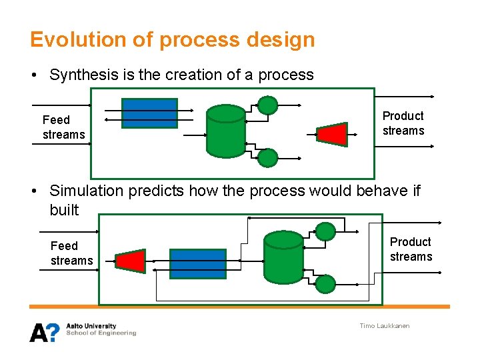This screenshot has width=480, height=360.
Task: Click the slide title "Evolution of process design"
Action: click(x=172, y=39)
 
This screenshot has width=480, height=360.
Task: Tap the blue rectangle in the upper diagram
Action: click(x=149, y=113)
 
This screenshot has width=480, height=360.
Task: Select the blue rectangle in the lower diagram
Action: click(x=197, y=263)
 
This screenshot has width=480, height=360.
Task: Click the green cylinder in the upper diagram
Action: click(x=226, y=131)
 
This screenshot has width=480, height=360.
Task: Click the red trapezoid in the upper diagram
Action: click(x=333, y=134)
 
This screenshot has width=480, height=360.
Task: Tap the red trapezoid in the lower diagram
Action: click(x=131, y=261)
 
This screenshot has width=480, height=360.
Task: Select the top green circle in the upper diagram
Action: click(x=267, y=105)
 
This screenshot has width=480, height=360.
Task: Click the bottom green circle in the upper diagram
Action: click(x=267, y=157)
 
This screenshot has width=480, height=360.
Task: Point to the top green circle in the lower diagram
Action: click(x=325, y=231)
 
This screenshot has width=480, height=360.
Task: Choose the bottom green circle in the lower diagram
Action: click(x=325, y=284)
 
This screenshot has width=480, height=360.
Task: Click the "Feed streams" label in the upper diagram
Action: click(x=63, y=127)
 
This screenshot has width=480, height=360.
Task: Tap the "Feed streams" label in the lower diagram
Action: click(x=71, y=253)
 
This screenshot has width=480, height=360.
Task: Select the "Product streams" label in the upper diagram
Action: click(x=403, y=123)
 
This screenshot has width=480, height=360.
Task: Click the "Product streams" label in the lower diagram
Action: click(x=411, y=249)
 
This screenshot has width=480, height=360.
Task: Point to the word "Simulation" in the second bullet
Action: click(x=87, y=191)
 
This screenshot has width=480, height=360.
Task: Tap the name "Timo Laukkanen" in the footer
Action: click(x=385, y=326)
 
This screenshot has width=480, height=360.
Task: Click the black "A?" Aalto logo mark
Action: click(x=45, y=331)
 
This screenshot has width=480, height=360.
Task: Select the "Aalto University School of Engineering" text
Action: click(x=101, y=330)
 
